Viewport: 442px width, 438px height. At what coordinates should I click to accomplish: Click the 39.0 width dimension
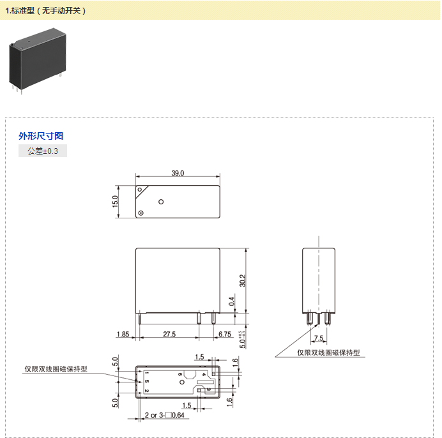tap(178, 173)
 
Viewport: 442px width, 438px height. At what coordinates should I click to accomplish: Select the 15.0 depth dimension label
tap(115, 202)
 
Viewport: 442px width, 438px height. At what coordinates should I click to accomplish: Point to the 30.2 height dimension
tap(243, 281)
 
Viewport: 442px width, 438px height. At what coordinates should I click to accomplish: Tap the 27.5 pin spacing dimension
tap(169, 335)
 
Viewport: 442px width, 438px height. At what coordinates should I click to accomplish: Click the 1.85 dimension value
tap(123, 335)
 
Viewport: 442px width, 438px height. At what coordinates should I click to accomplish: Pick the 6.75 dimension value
tap(225, 335)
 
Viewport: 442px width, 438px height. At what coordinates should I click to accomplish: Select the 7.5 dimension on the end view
tap(319, 338)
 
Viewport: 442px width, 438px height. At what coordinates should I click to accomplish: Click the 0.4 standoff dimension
tap(231, 301)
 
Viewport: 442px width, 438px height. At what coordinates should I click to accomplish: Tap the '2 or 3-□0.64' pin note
tap(164, 415)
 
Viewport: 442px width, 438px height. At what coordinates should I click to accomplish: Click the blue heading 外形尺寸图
tap(41, 136)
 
